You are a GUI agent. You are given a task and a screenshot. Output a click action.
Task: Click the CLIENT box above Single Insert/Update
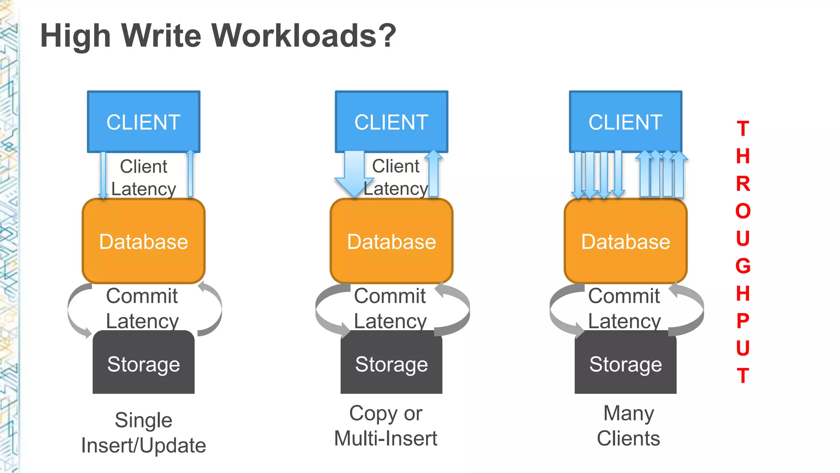pos(144,122)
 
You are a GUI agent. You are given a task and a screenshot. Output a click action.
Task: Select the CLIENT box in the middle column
pos(391,122)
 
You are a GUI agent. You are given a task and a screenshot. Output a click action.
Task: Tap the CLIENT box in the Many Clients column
pos(625,122)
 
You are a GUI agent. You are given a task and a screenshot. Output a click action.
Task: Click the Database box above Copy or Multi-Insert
pos(391,241)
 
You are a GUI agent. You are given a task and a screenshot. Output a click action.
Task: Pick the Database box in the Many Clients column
pos(625,241)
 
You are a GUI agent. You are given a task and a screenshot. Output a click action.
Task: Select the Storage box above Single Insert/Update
pos(144,364)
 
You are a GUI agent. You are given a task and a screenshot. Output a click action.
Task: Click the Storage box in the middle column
pos(391,364)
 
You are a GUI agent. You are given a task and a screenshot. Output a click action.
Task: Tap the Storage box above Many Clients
pos(625,364)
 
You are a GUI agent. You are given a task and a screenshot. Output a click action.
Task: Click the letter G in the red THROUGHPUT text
pos(743,266)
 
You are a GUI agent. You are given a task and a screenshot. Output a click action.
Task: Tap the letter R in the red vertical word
pos(743,184)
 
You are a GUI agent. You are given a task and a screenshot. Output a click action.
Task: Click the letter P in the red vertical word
pos(743,321)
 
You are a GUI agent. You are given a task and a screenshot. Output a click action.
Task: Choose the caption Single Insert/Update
pos(144,433)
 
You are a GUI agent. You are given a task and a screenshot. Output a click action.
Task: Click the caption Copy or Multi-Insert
pos(386,426)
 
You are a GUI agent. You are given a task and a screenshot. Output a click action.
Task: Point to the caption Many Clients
pos(628,426)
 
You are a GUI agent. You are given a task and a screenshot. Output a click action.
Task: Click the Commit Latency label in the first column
pos(142,308)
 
